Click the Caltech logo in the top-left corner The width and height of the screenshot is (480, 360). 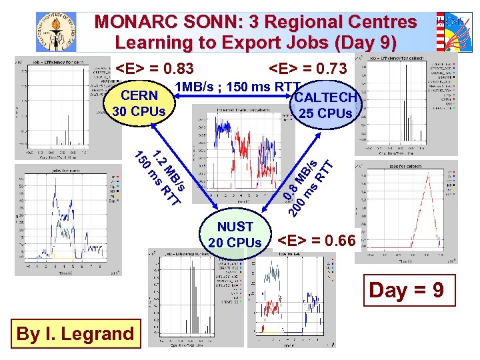(56, 31)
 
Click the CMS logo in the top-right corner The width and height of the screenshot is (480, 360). (453, 31)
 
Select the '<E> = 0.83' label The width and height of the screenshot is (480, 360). (155, 69)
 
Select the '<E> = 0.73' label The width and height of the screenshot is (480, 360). (307, 69)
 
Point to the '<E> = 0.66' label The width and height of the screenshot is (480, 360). (317, 239)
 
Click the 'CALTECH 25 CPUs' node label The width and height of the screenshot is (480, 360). (326, 105)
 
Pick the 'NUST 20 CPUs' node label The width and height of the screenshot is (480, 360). (235, 235)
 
